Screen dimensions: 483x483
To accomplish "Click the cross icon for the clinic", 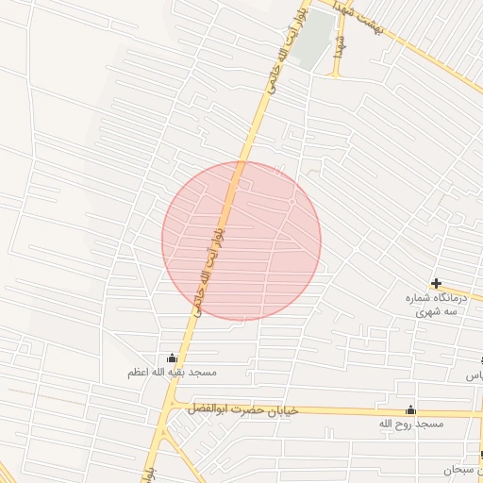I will [x=436, y=283].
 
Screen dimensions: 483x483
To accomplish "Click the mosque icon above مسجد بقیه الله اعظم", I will [x=172, y=358].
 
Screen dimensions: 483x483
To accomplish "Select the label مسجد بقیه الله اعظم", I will [x=173, y=373].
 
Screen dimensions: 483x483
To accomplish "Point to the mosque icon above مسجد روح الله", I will [x=410, y=410].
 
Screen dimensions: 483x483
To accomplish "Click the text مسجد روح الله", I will [x=410, y=425].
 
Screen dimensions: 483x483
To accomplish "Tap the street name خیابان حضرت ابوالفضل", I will [x=243, y=408].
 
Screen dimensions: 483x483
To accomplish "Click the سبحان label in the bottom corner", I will [x=462, y=469].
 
